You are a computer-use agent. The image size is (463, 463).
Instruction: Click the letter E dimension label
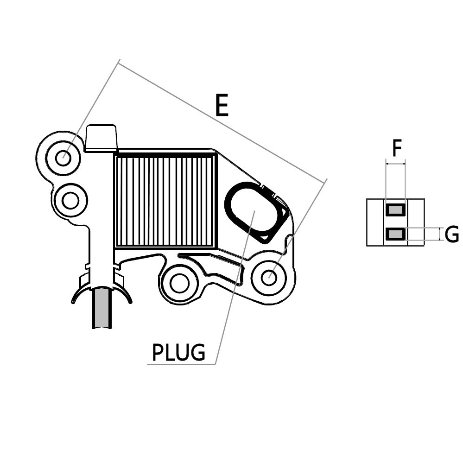(222, 105)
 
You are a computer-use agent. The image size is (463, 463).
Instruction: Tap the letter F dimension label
(396, 149)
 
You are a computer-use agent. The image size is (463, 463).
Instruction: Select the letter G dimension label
(451, 235)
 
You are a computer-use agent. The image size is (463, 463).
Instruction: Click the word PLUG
(178, 353)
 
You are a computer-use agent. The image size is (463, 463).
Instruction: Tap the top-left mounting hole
(63, 159)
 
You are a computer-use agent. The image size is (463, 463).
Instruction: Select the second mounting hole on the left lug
(70, 201)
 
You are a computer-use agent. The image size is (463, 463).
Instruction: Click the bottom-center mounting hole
(179, 283)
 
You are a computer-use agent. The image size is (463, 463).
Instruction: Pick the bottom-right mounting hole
(269, 278)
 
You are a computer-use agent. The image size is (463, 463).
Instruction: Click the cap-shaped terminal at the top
(101, 137)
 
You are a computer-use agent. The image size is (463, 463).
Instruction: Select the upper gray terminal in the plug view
(395, 210)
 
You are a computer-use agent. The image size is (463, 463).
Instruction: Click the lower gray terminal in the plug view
(395, 235)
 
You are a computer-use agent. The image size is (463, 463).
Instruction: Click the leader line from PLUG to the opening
(234, 287)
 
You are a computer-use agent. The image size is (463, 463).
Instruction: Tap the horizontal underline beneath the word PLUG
(181, 365)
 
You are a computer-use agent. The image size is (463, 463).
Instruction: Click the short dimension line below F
(395, 163)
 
